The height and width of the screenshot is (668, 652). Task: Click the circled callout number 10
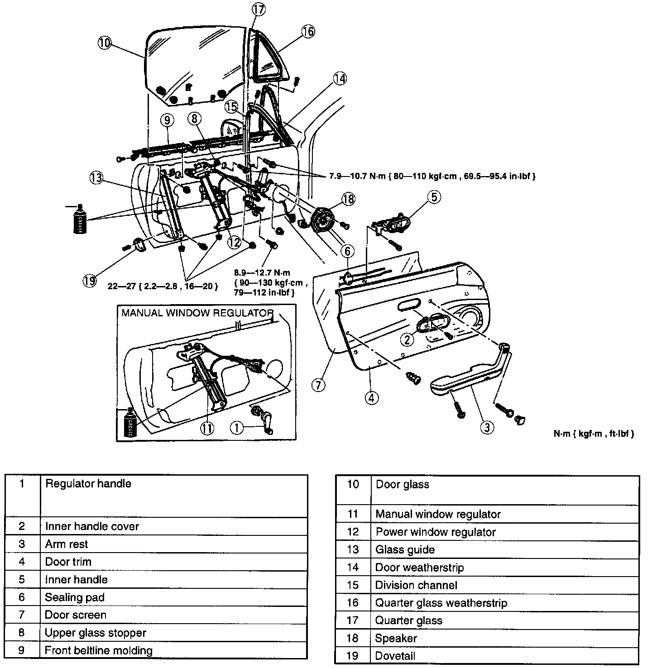coord(104,43)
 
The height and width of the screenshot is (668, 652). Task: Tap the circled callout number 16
coord(308,31)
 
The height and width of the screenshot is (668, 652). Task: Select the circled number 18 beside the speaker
coord(349,199)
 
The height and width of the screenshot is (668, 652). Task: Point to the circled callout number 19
coord(89,281)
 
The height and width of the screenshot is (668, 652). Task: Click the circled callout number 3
coord(487,427)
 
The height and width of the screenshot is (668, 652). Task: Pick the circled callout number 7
coord(318,385)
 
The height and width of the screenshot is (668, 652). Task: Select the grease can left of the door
coord(80,220)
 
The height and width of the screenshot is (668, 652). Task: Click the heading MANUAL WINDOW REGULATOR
coord(197,313)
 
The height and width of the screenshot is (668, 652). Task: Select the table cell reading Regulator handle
coord(88,484)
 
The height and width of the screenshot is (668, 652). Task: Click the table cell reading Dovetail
coord(395,655)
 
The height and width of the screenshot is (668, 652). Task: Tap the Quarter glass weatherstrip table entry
coord(441,603)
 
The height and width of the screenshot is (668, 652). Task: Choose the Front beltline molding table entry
coord(98,650)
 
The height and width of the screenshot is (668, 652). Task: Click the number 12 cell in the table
coord(353,532)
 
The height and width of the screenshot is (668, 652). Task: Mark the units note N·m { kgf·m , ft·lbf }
coord(594,434)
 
